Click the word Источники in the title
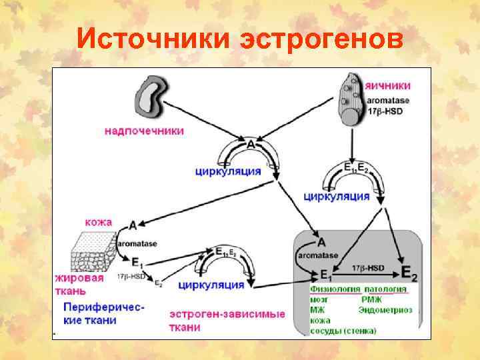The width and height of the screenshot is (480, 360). click(x=153, y=39)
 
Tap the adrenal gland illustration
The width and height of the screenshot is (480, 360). click(x=152, y=95)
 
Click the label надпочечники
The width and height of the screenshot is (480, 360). click(x=144, y=131)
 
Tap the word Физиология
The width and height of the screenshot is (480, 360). click(x=335, y=289)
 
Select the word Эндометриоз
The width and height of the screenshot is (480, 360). click(x=385, y=310)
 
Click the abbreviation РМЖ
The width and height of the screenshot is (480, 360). click(x=372, y=299)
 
